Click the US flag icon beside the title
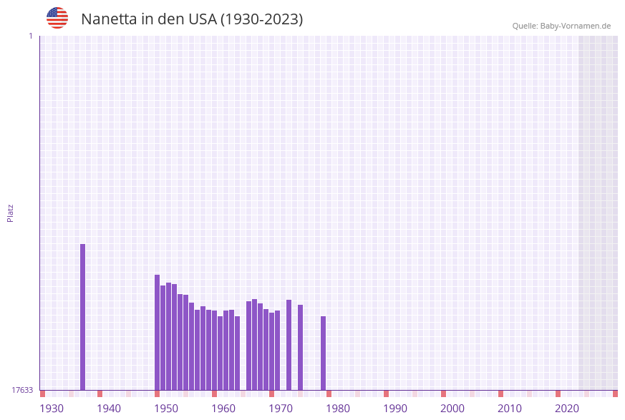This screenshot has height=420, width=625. (57, 18)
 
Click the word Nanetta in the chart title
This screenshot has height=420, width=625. (108, 19)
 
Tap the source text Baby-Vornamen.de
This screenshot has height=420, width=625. (575, 26)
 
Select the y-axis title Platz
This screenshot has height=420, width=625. (11, 213)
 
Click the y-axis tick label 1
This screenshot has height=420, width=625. (30, 36)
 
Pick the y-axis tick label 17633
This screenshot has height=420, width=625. (22, 390)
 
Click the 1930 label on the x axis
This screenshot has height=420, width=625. (52, 409)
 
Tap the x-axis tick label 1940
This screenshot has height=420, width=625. (109, 409)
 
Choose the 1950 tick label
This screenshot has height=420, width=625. (166, 409)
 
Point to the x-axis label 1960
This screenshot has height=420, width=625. (223, 409)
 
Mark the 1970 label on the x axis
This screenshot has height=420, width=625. (281, 409)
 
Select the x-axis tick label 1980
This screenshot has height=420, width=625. (338, 409)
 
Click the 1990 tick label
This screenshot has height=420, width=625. (395, 409)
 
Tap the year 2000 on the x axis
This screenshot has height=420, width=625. (452, 409)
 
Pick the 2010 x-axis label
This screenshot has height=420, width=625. (510, 409)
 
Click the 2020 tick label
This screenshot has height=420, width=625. (567, 409)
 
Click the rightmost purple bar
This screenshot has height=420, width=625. (324, 353)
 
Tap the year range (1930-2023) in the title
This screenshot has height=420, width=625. (261, 19)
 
